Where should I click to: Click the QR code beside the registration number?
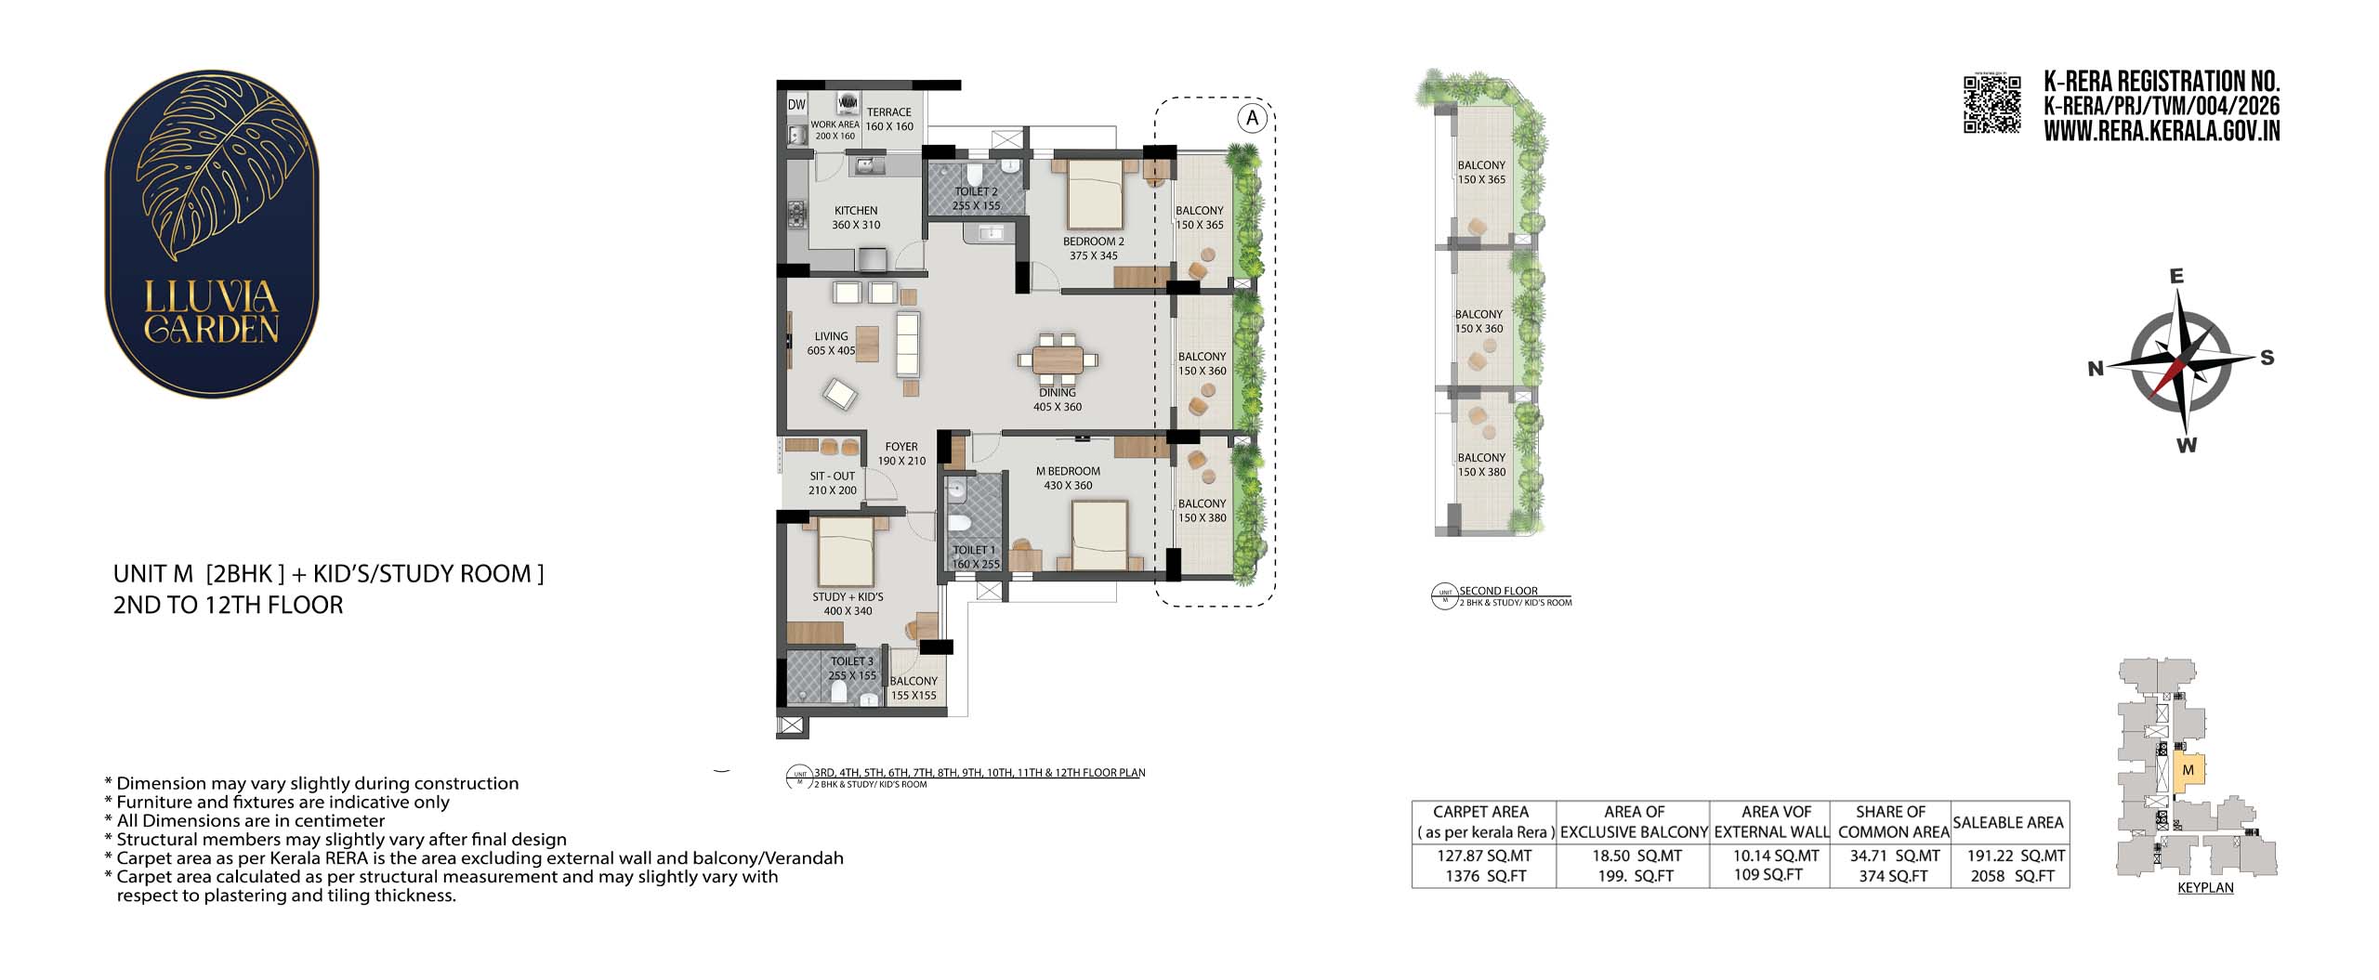(1991, 104)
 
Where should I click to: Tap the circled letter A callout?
(1253, 118)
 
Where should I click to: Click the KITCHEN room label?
(856, 211)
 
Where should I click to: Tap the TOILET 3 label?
(852, 661)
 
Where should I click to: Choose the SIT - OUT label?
(832, 476)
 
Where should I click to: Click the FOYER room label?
(901, 447)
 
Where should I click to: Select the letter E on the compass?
(2176, 276)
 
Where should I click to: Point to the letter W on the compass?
(2187, 445)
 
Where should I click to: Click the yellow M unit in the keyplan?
(2188, 771)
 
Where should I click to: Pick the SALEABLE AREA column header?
(2008, 822)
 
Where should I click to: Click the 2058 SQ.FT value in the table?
(2013, 876)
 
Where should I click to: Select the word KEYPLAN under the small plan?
(2205, 888)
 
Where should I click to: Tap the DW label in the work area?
(796, 105)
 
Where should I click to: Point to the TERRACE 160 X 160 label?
(889, 119)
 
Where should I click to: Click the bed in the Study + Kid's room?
(845, 551)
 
